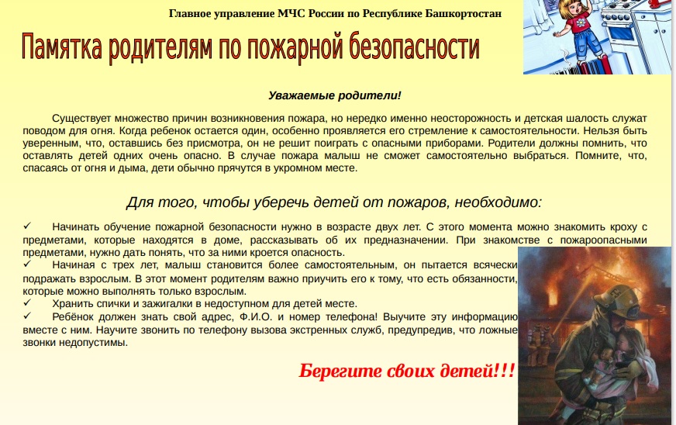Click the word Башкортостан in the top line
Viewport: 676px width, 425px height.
pyautogui.click(x=464, y=14)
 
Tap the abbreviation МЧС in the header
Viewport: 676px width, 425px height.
pyautogui.click(x=291, y=14)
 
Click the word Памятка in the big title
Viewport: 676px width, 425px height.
pyautogui.click(x=62, y=47)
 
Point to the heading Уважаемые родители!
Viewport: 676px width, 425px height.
pyautogui.click(x=335, y=95)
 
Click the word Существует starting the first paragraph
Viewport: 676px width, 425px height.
pyautogui.click(x=81, y=119)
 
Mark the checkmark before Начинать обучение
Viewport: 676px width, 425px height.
pyautogui.click(x=28, y=226)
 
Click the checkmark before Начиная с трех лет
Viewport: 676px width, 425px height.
pyautogui.click(x=28, y=263)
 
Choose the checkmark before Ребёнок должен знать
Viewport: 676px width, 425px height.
pyautogui.click(x=28, y=316)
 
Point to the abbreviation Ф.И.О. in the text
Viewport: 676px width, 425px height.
pyautogui.click(x=256, y=317)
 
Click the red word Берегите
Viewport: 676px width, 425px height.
pyautogui.click(x=340, y=371)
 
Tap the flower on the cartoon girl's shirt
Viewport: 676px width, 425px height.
pyautogui.click(x=581, y=22)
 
